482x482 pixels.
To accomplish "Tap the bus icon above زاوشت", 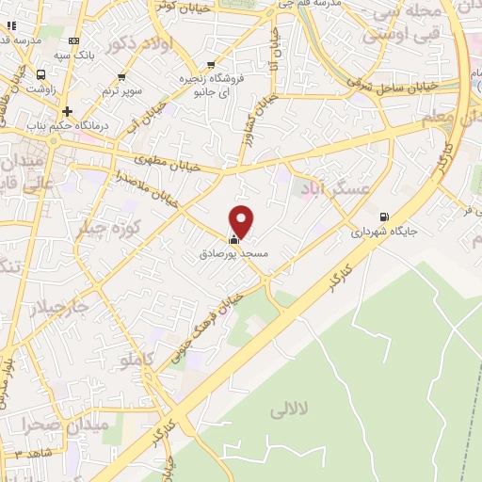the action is click(40, 73).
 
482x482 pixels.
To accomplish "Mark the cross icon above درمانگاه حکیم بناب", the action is click(67, 111).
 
